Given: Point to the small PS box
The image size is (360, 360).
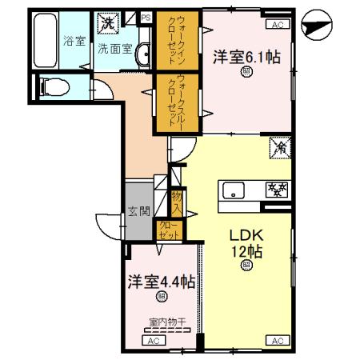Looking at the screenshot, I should [146, 16].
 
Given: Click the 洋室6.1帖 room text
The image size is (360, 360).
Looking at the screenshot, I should [246, 58].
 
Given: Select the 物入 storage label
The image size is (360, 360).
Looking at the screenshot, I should [177, 200].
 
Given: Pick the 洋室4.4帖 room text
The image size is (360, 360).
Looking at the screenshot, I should [161, 282].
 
